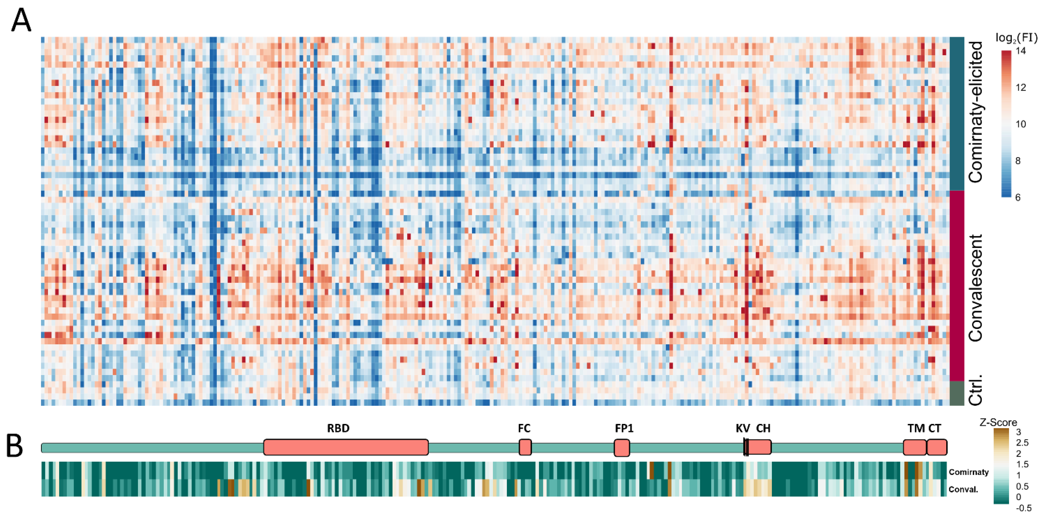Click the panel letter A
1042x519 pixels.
click(21, 21)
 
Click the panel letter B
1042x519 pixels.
click(15, 446)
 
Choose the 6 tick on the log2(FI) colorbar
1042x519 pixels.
click(1018, 197)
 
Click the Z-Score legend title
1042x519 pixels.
click(998, 422)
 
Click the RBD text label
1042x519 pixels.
click(338, 428)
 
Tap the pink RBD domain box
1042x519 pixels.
click(346, 447)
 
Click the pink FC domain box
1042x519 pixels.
click(525, 447)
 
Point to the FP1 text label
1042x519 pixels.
click(624, 428)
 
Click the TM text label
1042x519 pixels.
click(916, 428)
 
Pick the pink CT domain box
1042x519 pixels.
click(937, 447)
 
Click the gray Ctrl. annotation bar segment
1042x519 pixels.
click(957, 393)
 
